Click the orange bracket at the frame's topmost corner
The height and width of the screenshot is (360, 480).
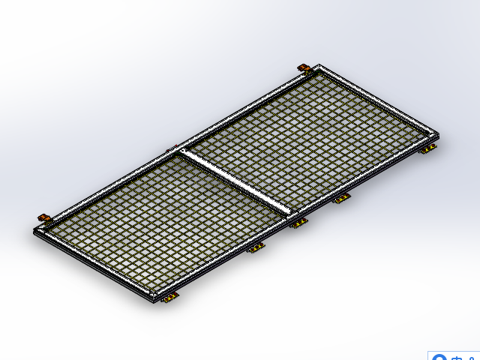pos(304,68)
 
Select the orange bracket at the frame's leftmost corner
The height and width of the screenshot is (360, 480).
pos(43,218)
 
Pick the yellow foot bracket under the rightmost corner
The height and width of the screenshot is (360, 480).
pos(428,151)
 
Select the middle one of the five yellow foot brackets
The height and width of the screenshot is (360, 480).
pos(298,223)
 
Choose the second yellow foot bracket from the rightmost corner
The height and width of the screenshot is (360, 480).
pos(342,199)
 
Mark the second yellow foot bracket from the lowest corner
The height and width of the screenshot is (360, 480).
pos(256,248)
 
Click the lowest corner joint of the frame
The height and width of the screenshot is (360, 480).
pos(154,299)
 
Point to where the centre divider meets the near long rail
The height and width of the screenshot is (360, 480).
pos(288,214)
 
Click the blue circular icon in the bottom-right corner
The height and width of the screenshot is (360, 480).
pos(439,358)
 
